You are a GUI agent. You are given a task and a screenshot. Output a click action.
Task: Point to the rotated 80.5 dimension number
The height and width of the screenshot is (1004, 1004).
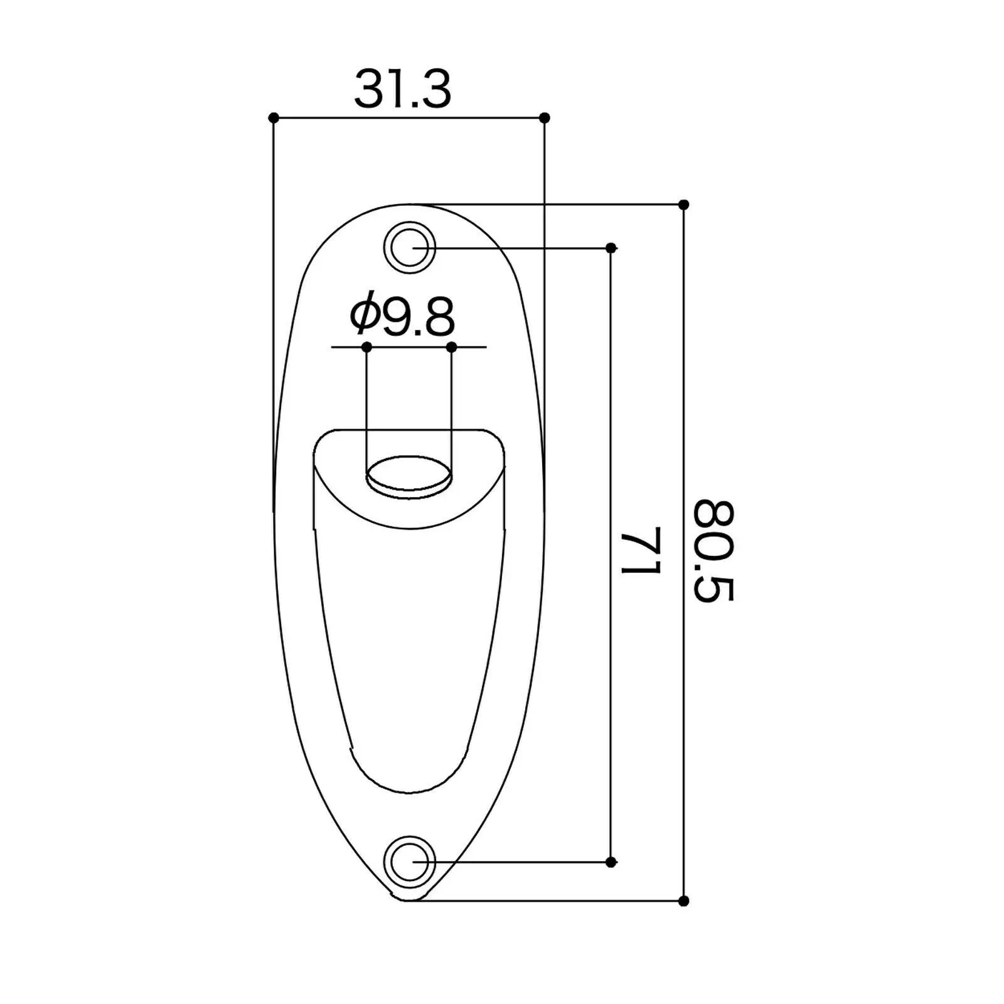pyautogui.click(x=713, y=550)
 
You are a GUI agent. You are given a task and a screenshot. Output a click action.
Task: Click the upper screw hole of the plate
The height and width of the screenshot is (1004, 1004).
pyautogui.click(x=410, y=247)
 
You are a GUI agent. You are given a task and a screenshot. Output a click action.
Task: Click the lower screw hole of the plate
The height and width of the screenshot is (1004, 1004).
pyautogui.click(x=410, y=862)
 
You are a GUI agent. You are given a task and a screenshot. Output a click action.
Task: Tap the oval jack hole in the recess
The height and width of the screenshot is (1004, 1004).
pyautogui.click(x=409, y=477)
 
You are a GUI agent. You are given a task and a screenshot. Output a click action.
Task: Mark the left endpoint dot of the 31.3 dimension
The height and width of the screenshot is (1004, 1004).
pyautogui.click(x=273, y=117)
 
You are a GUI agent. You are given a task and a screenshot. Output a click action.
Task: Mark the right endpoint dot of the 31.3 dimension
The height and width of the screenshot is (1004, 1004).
pyautogui.click(x=545, y=117)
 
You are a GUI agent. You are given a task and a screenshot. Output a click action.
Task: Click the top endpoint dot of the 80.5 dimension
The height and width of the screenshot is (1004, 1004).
pyautogui.click(x=684, y=205)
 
